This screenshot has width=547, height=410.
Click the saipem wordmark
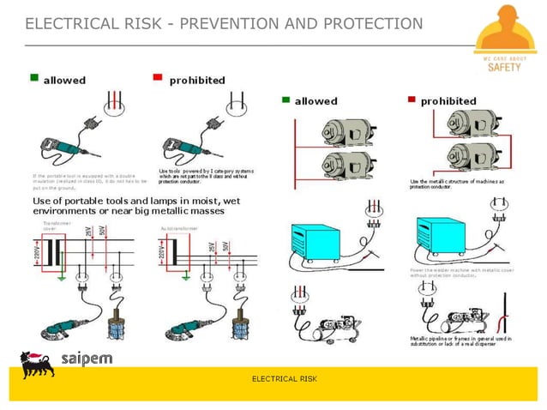coord(87,358)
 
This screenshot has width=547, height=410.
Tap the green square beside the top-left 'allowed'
coord(35,79)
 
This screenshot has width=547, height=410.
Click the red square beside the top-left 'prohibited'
coord(158,79)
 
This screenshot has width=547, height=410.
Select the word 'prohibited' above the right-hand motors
coord(448,100)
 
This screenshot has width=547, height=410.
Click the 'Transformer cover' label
coord(57,226)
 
